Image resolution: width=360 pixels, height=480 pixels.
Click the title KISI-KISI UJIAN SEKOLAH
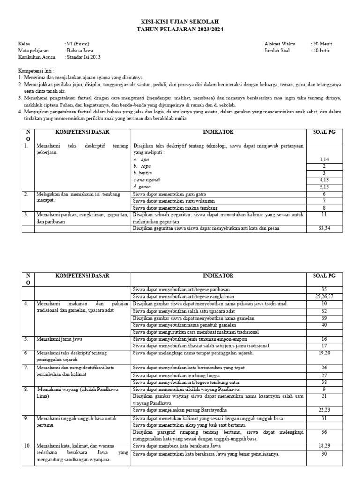pos(180,22)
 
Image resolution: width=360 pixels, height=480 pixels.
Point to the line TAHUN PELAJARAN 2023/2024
pos(180,29)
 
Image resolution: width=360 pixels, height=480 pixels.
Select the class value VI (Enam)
pos(77,44)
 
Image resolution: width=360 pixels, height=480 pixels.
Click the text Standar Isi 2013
pos(83,57)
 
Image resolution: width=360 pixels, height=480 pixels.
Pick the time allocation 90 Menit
pos(322,44)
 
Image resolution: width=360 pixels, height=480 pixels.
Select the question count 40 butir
pos(321,51)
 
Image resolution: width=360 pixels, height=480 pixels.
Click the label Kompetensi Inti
pos(35,70)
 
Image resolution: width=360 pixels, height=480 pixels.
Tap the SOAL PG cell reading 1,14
pos(324,160)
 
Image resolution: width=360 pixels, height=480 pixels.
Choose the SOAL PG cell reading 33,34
pos(324,228)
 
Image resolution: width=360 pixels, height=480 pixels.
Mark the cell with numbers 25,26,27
pos(324,297)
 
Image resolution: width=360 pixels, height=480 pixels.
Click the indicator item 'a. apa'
pos(142,160)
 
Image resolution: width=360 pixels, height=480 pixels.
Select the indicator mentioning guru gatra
pos(170,194)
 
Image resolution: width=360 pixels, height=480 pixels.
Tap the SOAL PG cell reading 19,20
pos(324,352)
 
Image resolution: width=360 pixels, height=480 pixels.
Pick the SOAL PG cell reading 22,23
pos(324,410)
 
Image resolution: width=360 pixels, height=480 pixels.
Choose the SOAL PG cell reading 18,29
pos(324,446)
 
